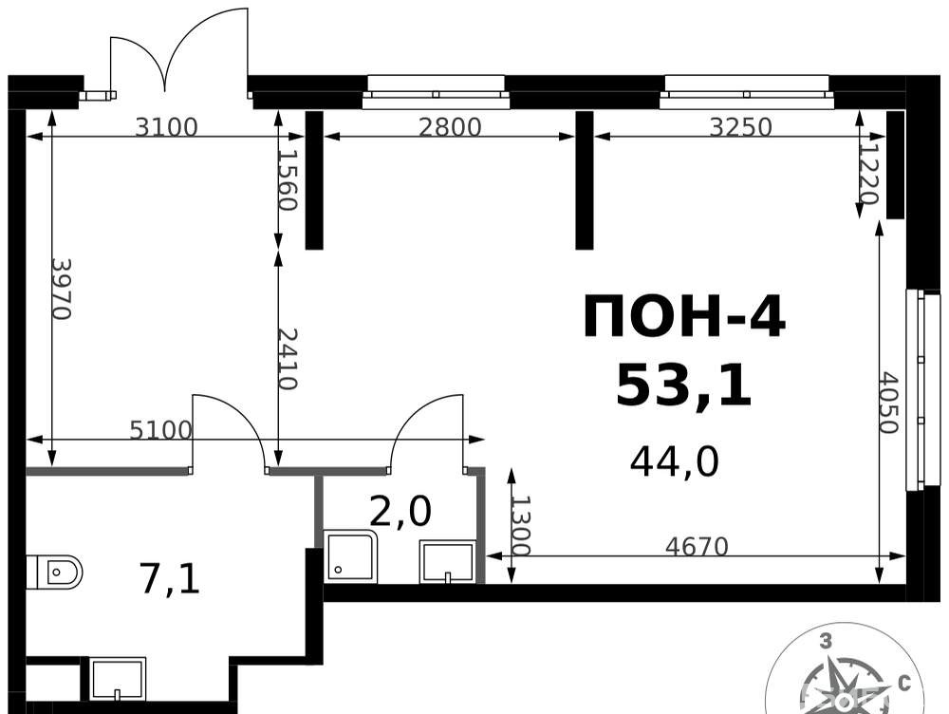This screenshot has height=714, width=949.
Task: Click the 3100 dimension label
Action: coord(166,127)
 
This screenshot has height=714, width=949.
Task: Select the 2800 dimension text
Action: coord(450,127)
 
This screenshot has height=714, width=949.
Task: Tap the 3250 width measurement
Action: coord(740,126)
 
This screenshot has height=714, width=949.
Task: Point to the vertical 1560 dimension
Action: coord(288,179)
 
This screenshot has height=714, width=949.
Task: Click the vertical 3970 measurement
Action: coord(62,289)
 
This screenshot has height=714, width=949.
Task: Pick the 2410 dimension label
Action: coord(288,359)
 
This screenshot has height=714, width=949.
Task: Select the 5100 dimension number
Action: coord(161,430)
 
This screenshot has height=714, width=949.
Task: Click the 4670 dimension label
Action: coord(697,546)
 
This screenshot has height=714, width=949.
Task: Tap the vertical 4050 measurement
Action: coord(888,403)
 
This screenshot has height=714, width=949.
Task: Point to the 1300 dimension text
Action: coord(520,525)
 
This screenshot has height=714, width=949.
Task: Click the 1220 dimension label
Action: coord(868,174)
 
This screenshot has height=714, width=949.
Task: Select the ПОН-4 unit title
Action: coord(684,316)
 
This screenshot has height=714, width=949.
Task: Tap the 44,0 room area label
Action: coord(674,462)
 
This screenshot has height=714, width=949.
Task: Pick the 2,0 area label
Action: coord(400,511)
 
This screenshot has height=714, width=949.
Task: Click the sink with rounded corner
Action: coord(350,556)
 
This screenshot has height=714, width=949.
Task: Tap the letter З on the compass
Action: coord(825,641)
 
